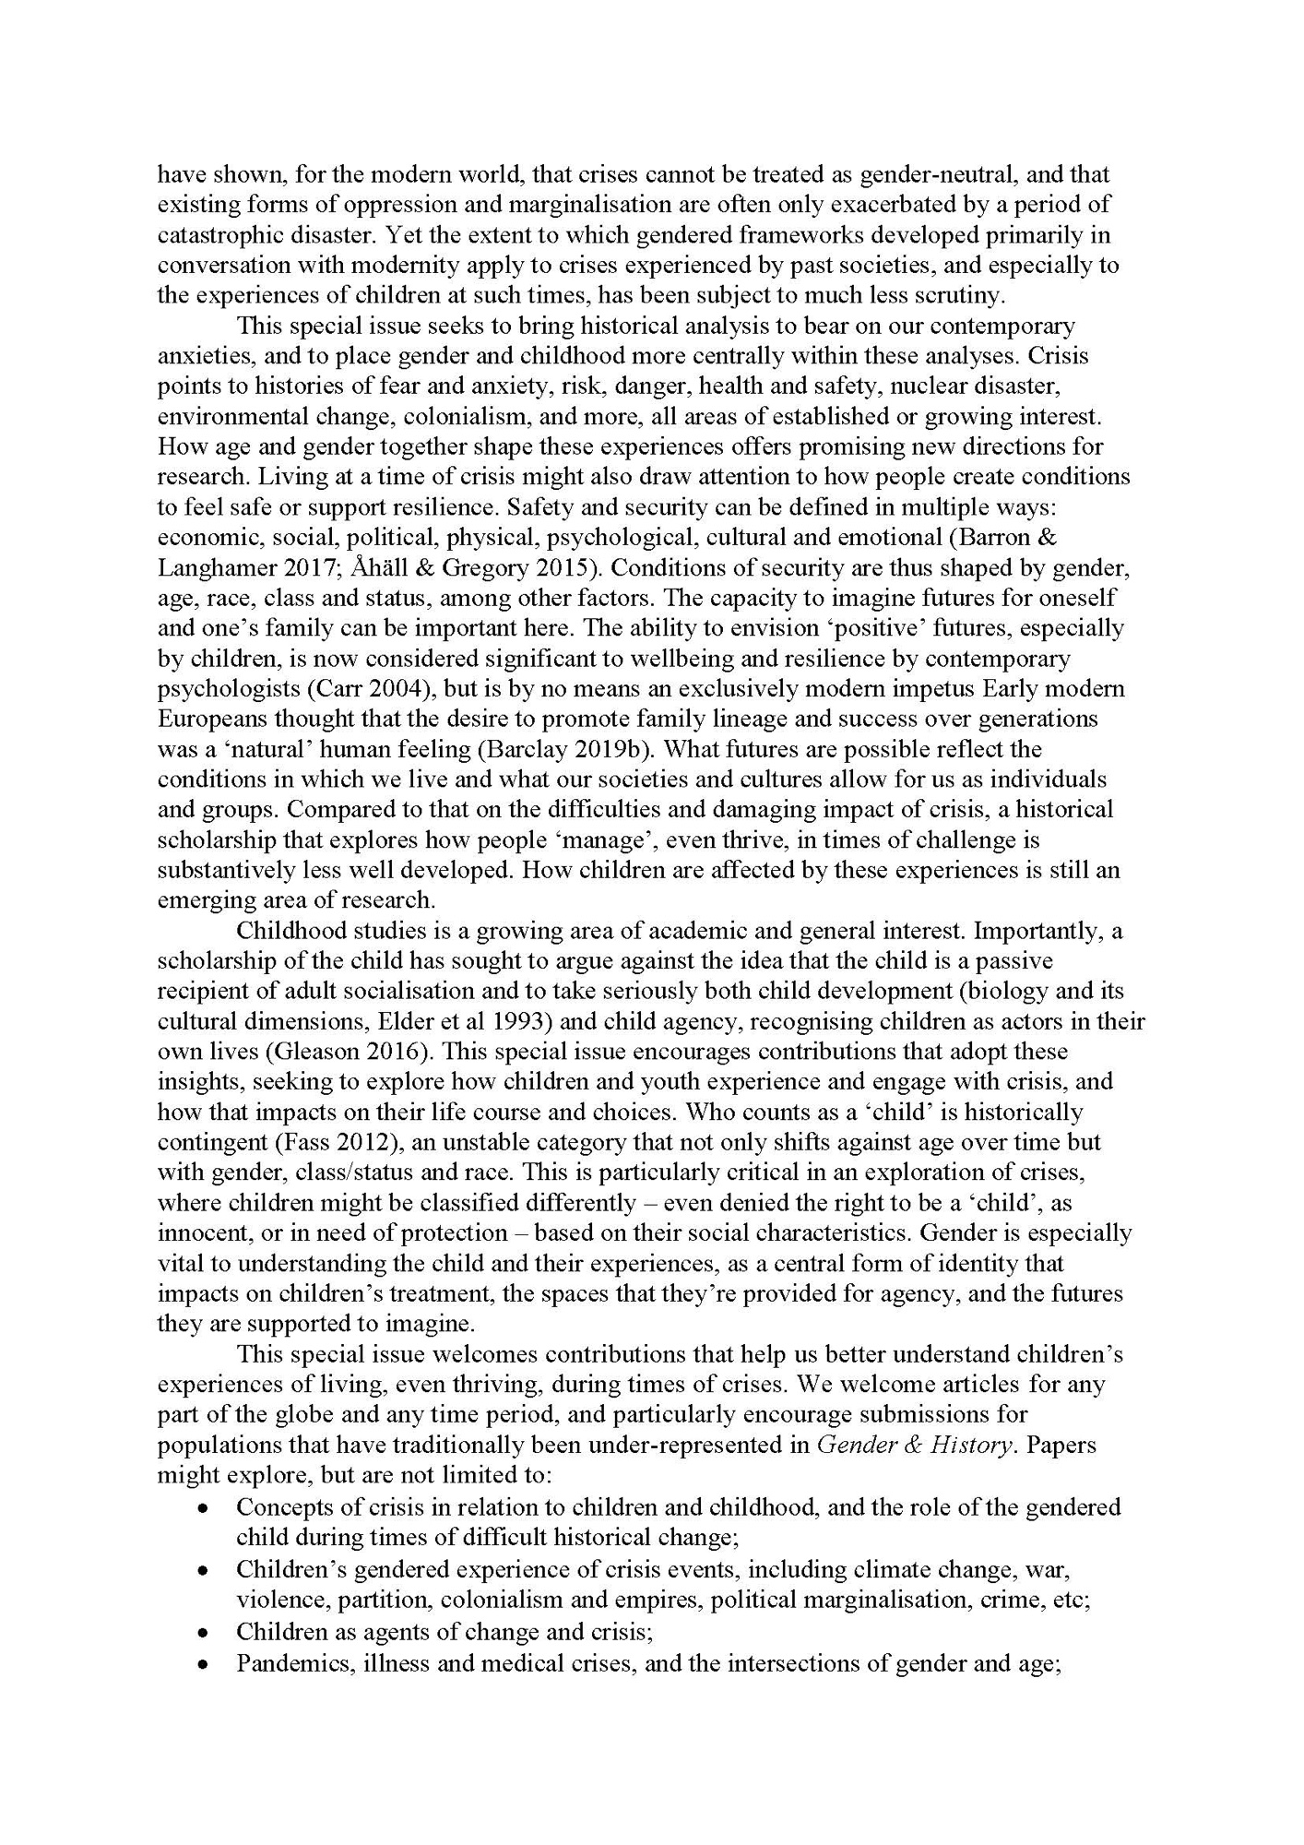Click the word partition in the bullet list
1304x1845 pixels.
click(x=356, y=1600)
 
